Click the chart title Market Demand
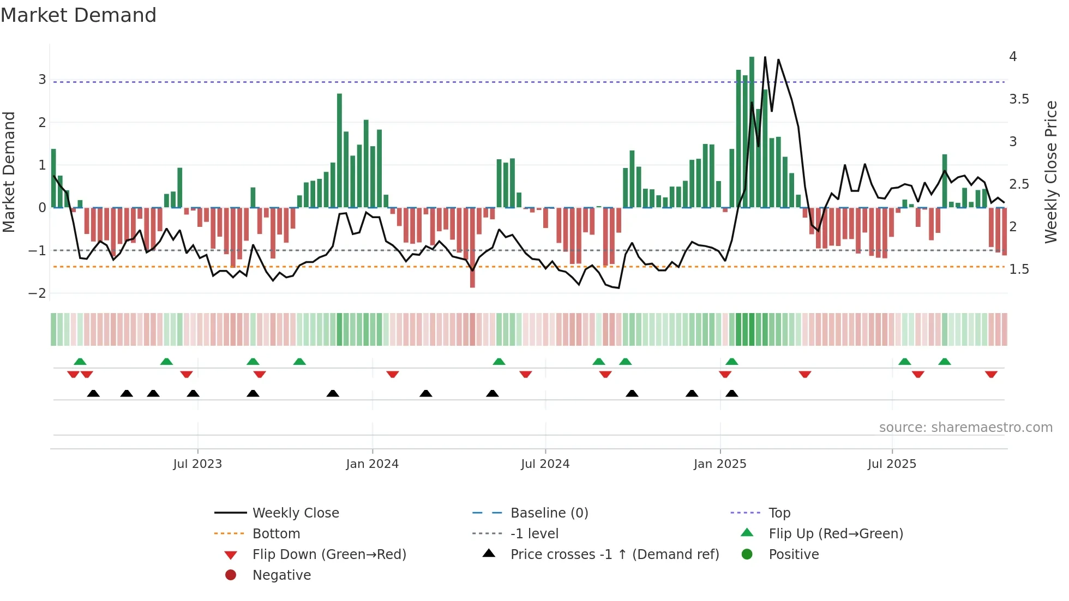[x=79, y=15]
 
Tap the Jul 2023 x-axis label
[x=197, y=464]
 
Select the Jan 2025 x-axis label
[x=720, y=464]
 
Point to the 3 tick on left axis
[x=42, y=80]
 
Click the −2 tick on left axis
[x=38, y=293]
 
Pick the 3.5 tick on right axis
[x=1019, y=99]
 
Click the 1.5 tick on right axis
[x=1019, y=269]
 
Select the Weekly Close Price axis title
[x=1051, y=172]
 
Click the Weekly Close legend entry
[x=295, y=513]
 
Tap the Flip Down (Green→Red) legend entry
[x=329, y=555]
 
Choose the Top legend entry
[x=779, y=513]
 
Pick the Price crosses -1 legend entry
[x=614, y=555]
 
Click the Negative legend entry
[x=281, y=575]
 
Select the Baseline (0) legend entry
[x=549, y=513]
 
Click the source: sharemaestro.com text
[x=965, y=428]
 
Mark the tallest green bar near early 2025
[x=752, y=131]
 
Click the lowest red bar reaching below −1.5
[x=472, y=248]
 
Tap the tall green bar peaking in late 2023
[x=339, y=150]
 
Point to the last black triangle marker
[x=732, y=394]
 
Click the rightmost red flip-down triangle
[x=991, y=375]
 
